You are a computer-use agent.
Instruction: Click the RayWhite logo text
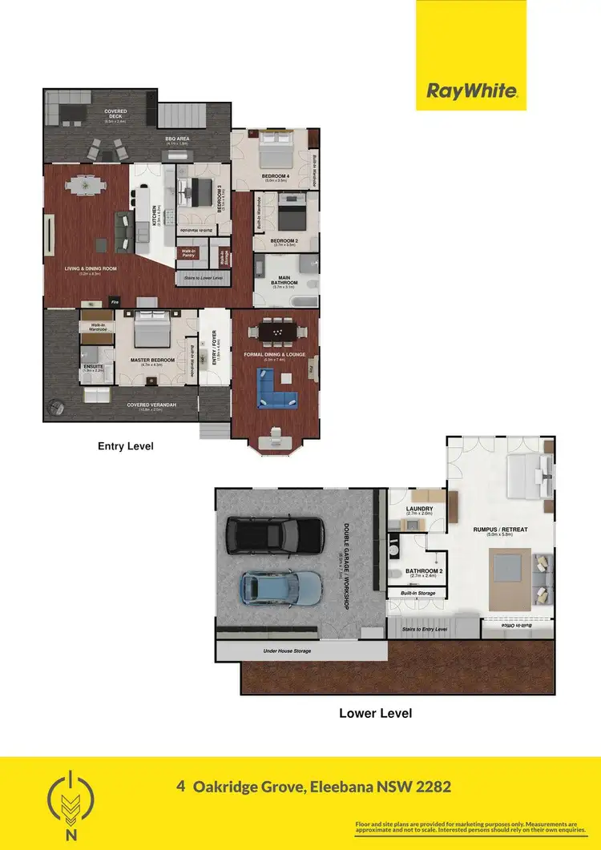click(x=470, y=91)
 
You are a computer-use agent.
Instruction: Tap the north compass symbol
click(x=74, y=804)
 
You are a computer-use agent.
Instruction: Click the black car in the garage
click(x=275, y=535)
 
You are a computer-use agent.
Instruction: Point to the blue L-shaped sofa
click(x=276, y=388)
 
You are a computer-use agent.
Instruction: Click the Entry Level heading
click(x=125, y=445)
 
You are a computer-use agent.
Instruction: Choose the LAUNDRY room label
click(x=419, y=509)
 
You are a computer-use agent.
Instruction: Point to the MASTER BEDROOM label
click(x=152, y=360)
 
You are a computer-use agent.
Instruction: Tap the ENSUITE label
click(x=92, y=366)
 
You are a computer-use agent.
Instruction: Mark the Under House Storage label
click(x=287, y=651)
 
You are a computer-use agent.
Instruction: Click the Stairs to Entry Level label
click(x=424, y=630)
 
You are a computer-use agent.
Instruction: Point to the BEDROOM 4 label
click(x=274, y=175)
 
